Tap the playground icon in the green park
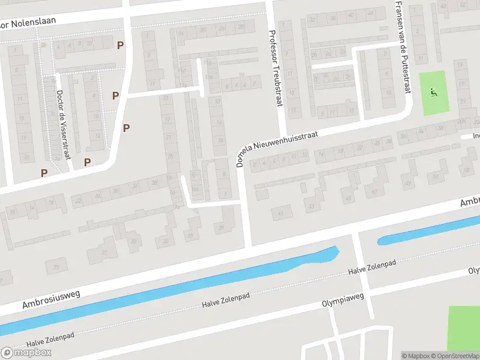pos(434,92)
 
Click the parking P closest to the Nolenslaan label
pos(121,45)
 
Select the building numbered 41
pos(280,213)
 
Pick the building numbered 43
pos(311,206)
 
